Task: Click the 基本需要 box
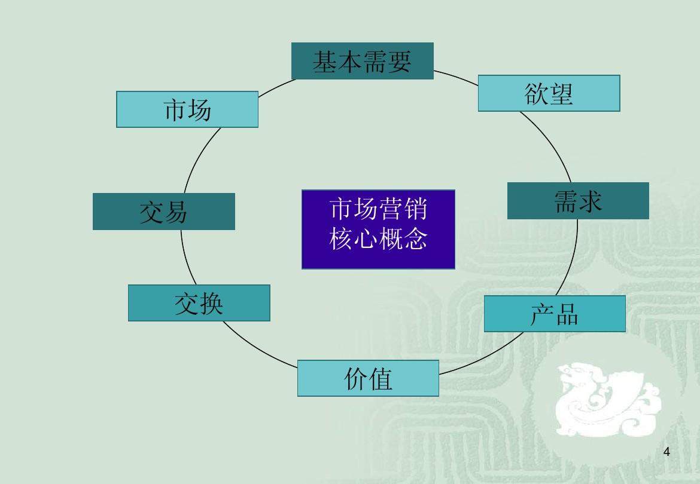pyautogui.click(x=362, y=61)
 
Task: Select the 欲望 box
pyautogui.click(x=549, y=93)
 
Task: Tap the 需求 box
pyautogui.click(x=578, y=201)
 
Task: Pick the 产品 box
pyautogui.click(x=555, y=314)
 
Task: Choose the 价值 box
pyautogui.click(x=368, y=378)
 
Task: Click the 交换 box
pyautogui.click(x=199, y=303)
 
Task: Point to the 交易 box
pyautogui.click(x=163, y=212)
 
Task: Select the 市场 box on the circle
pyautogui.click(x=187, y=109)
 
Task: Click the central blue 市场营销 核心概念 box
pyautogui.click(x=378, y=229)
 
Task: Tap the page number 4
pyautogui.click(x=667, y=451)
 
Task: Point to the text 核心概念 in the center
pyautogui.click(x=378, y=240)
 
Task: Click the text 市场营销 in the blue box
pyautogui.click(x=378, y=210)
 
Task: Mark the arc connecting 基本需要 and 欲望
pyautogui.click(x=456, y=75)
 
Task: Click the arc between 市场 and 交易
pyautogui.click(x=197, y=158)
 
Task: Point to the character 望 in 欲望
pyautogui.click(x=561, y=93)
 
